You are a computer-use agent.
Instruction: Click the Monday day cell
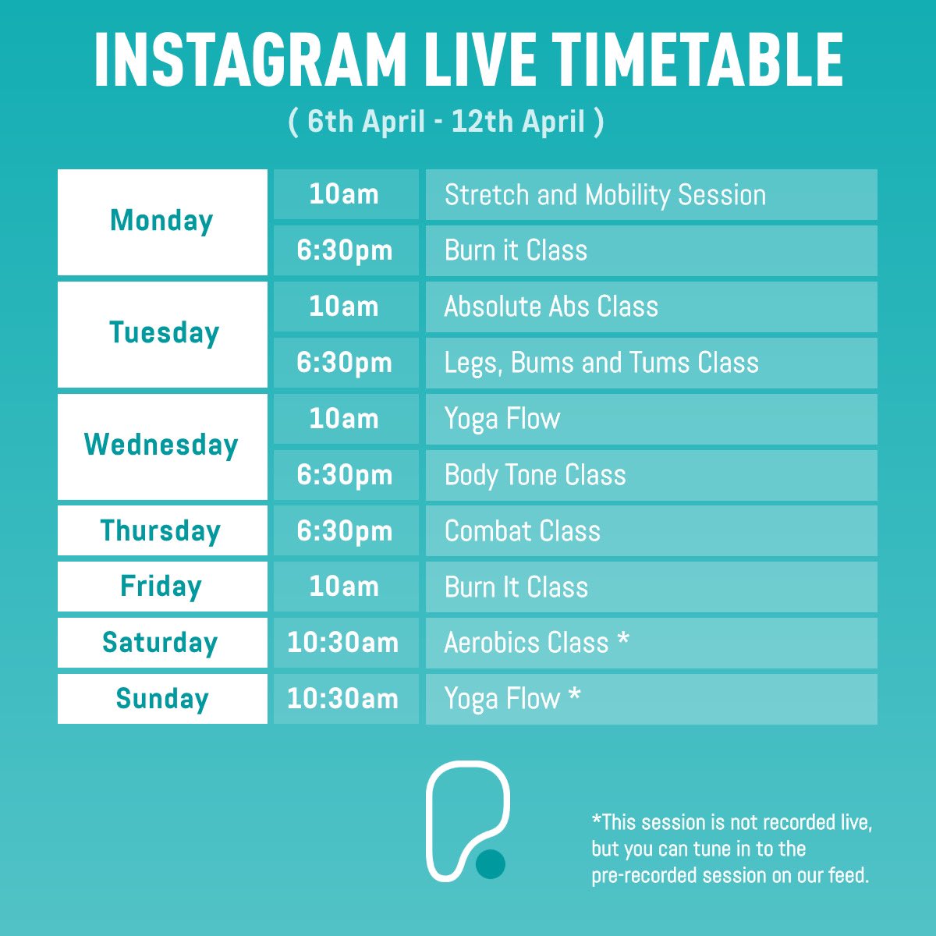pos(162,222)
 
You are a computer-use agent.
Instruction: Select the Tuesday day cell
pos(162,334)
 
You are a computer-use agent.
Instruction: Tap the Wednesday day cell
pos(162,446)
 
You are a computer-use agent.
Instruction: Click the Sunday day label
pos(162,699)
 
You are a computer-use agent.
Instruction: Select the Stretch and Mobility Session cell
pos(604,195)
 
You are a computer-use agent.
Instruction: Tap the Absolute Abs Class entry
pos(551,307)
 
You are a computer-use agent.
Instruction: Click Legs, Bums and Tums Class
pos(601,363)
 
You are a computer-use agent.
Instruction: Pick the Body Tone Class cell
pos(535,475)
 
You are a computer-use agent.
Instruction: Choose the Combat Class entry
pos(523,531)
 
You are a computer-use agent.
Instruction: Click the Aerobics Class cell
pos(526,643)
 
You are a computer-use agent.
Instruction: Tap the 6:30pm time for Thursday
pos(345,531)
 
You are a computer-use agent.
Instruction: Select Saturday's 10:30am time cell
pos(343,643)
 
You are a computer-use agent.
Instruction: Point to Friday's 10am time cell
pos(344,587)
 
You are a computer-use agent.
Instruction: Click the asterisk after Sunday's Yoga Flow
pos(574,693)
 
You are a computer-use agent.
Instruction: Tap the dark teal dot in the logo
pos(491,863)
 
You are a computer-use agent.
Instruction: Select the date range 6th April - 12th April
pos(446,122)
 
